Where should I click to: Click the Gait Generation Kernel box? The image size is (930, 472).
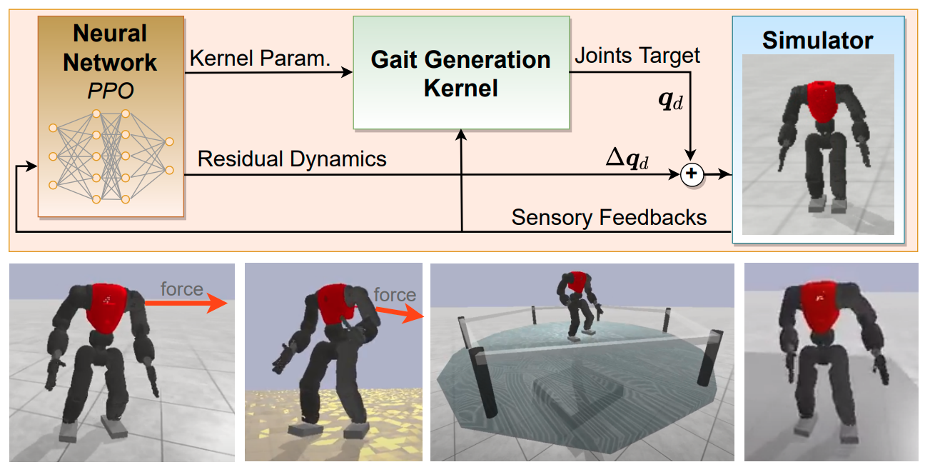click(x=461, y=74)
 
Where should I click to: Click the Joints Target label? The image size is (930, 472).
click(x=637, y=54)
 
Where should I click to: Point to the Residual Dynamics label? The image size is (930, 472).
click(x=292, y=159)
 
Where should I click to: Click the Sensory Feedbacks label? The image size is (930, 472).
click(x=609, y=217)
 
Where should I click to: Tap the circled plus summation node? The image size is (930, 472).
click(x=691, y=174)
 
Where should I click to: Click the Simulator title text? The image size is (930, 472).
click(x=817, y=40)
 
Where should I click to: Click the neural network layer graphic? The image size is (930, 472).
click(x=111, y=156)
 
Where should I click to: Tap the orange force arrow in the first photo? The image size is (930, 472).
click(x=186, y=303)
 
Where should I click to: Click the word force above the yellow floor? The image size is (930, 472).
click(x=395, y=294)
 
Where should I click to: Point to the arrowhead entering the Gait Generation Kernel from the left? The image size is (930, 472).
click(x=348, y=72)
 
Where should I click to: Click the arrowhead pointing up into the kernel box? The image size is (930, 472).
click(x=462, y=134)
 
